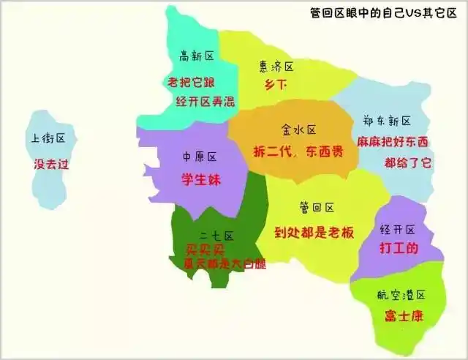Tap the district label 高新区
tap(196, 56)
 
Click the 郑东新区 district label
tap(387, 120)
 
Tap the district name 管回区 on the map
tap(317, 208)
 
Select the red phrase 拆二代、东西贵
tap(301, 151)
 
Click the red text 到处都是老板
tap(314, 232)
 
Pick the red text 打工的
tap(399, 249)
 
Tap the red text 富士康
tap(403, 316)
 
